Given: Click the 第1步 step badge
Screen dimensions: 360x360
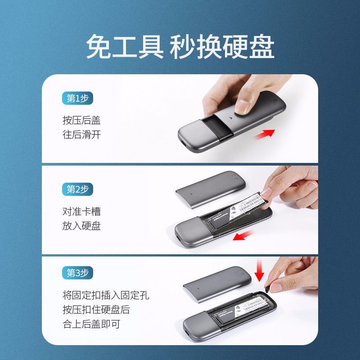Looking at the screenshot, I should [77, 99].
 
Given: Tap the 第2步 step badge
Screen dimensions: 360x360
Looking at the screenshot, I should [77, 189].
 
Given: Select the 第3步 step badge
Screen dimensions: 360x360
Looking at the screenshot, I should [77, 273].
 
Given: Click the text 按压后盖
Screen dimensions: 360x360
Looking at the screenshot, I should [81, 120].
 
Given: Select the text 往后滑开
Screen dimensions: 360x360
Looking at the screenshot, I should [81, 135].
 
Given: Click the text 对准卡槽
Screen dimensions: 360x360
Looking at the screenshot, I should [81, 211].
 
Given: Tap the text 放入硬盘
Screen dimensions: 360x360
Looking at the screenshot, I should [81, 226].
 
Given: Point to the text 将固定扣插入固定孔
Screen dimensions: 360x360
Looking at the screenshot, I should [105, 295].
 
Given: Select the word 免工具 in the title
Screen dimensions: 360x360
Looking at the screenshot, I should [125, 47].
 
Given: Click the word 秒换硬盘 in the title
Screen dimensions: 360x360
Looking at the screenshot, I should [222, 47].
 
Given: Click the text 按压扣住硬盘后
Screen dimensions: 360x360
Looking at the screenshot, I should [96, 310].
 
